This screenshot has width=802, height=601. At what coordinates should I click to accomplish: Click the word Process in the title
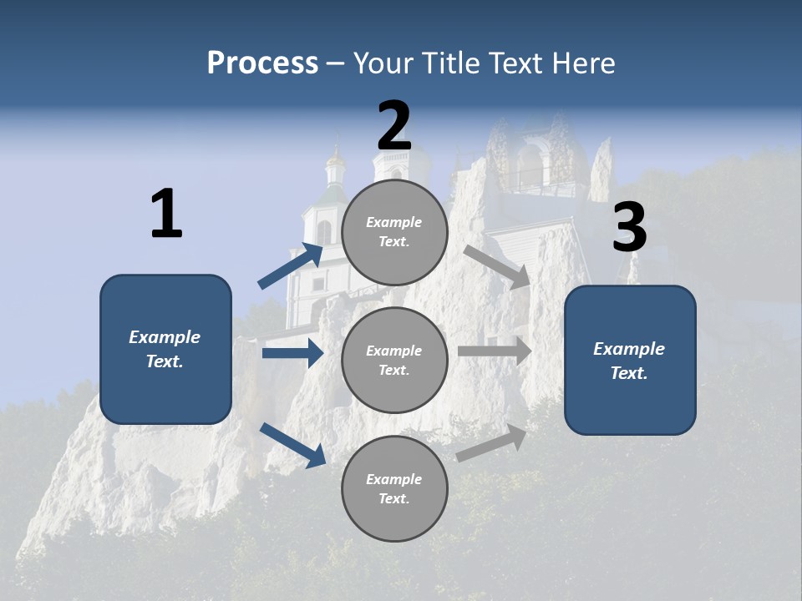[x=262, y=63]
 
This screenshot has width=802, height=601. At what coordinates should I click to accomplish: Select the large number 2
[x=394, y=126]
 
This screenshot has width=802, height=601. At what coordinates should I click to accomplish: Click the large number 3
[x=629, y=228]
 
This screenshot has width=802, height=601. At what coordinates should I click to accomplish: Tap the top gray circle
[x=394, y=232]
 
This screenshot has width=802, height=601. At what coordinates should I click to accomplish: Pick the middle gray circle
[x=394, y=360]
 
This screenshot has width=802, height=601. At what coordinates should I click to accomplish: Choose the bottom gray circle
[x=394, y=488]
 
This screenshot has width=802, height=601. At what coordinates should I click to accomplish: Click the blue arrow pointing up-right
[x=291, y=266]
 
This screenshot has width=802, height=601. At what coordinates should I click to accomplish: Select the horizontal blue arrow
[x=292, y=353]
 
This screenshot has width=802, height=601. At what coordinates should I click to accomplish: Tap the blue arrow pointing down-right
[x=292, y=444]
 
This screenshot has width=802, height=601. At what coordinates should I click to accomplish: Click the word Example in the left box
[x=165, y=337]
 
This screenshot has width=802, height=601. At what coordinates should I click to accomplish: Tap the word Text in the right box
[x=628, y=373]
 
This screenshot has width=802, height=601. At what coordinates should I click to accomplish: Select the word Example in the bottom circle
[x=394, y=479]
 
